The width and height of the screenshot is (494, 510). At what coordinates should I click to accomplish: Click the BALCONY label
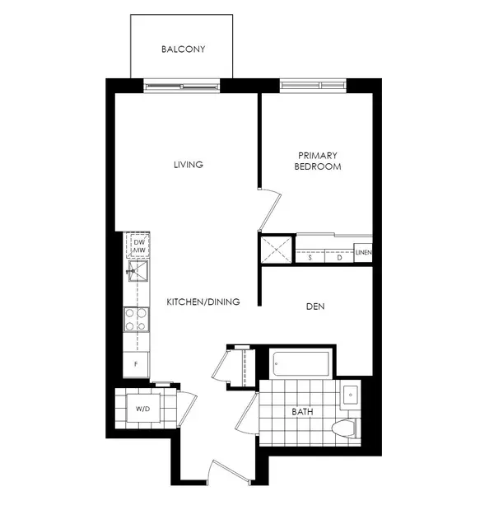click(183, 49)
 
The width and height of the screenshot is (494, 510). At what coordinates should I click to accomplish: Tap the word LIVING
click(188, 165)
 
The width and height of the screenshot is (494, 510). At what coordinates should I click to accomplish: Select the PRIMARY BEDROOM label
click(318, 161)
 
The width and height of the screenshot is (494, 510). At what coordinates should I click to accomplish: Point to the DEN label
click(315, 306)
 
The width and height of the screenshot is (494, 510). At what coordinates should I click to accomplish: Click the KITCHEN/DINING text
click(203, 302)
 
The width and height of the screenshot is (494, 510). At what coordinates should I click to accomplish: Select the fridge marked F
click(136, 363)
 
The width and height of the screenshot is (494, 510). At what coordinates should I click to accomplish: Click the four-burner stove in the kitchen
click(136, 319)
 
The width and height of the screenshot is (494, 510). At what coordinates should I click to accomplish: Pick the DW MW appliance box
click(138, 246)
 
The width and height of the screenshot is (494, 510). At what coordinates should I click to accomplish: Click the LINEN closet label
click(363, 253)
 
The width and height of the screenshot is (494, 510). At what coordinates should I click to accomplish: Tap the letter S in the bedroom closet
click(310, 257)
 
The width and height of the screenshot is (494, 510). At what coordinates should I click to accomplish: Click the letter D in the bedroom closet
click(338, 257)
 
